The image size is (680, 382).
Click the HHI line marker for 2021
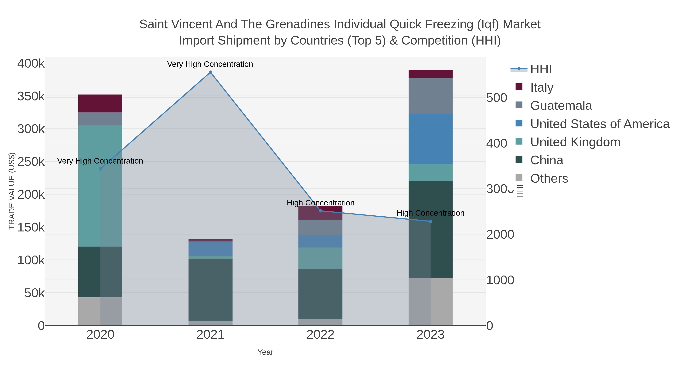pos(210,72)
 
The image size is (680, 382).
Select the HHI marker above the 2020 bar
pos(100,169)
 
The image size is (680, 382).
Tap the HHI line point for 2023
pos(430,221)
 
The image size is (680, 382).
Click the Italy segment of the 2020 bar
pos(100,104)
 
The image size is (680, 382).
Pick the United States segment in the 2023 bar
pos(430,139)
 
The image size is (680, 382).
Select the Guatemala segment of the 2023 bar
pos(430,96)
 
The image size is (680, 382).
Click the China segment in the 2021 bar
pos(210,290)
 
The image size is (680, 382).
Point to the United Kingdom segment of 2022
pos(321,258)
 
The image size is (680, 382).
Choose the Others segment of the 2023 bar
pos(430,302)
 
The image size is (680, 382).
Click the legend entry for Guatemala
pos(561,106)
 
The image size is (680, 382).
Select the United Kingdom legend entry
pos(575,142)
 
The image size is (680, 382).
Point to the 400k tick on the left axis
pos(31,64)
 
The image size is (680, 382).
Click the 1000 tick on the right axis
pos(500,280)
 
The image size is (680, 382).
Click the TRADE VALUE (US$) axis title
pos(12,191)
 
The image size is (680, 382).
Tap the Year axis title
pos(265,352)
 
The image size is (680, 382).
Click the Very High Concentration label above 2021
pos(210,64)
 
